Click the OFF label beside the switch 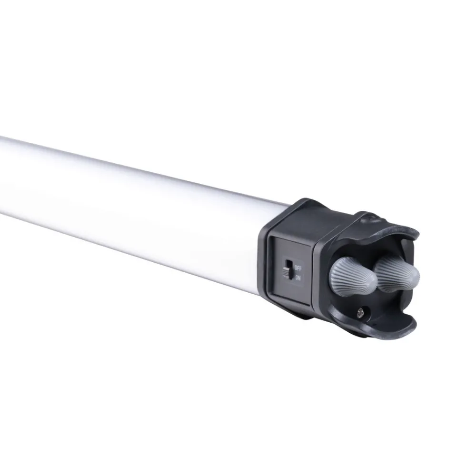298,268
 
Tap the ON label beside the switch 298,278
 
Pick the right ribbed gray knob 396,273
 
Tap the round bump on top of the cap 372,217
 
